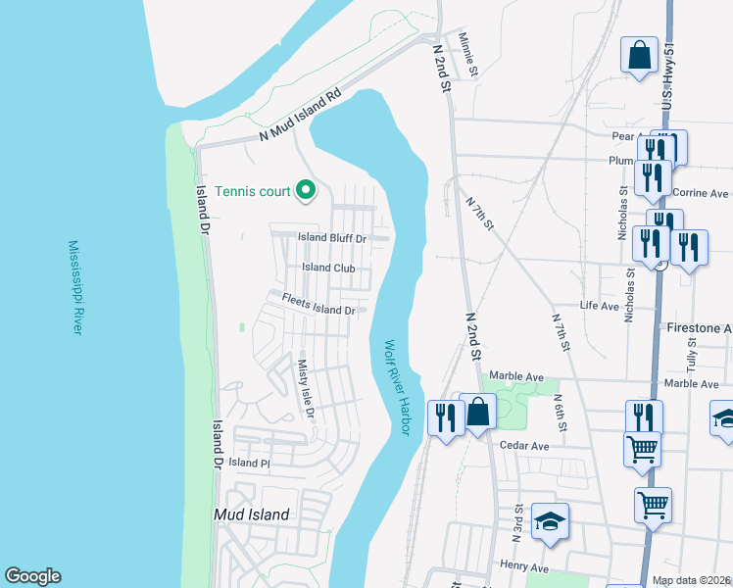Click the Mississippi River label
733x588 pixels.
tap(74, 288)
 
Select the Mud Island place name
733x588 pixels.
tap(252, 514)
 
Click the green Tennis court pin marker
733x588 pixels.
tap(306, 189)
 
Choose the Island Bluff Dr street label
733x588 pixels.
tap(332, 238)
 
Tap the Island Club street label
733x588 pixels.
tap(329, 268)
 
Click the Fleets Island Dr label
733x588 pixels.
tap(318, 305)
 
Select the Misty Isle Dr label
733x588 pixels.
tap(305, 386)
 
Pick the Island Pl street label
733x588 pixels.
tap(249, 463)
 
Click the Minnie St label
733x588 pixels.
tap(467, 55)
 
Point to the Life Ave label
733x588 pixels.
tap(599, 306)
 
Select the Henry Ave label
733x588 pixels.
tap(523, 566)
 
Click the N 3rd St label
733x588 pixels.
tap(516, 523)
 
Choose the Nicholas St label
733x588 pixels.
tap(622, 215)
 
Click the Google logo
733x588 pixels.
tap(33, 576)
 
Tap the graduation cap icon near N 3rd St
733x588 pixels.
tap(550, 520)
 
